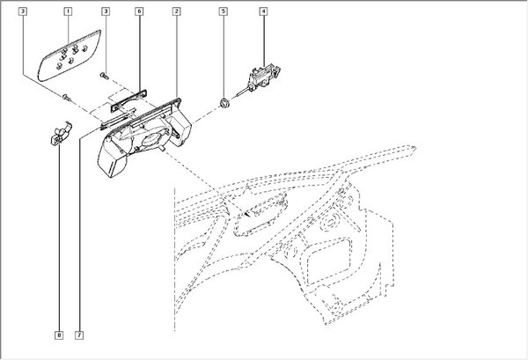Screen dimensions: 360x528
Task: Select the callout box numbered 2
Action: pos(177,11)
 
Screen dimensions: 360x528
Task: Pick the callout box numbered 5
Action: pos(224,11)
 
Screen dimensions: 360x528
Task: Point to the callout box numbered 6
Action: pos(139,11)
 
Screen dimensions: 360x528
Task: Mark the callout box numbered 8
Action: pos(58,334)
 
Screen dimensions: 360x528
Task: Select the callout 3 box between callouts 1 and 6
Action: pos(106,11)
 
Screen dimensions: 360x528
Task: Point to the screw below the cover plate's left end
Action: pos(67,94)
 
